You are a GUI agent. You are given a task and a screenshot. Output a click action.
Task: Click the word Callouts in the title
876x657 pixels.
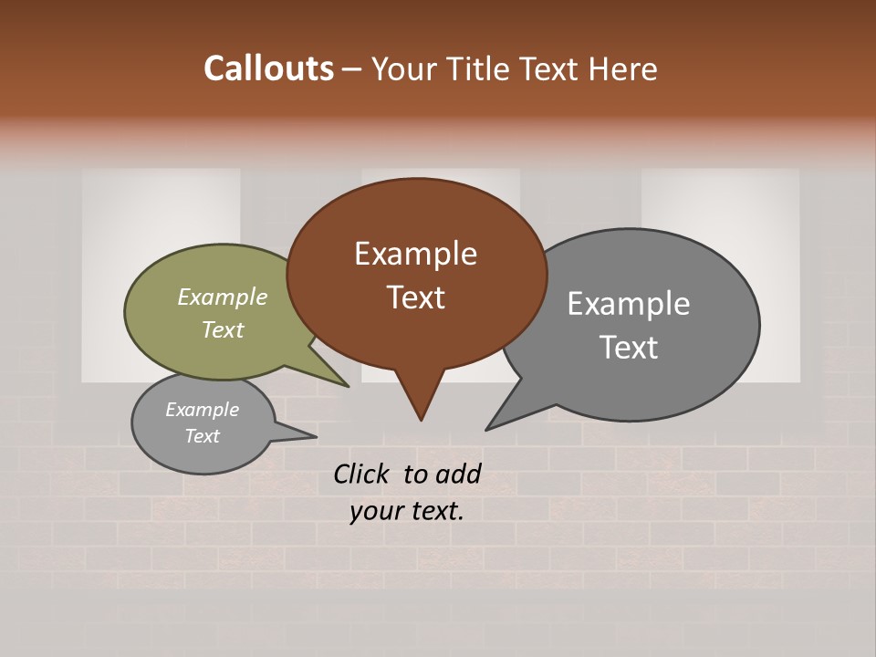tap(268, 68)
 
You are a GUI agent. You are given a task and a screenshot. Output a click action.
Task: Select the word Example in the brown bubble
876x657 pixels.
tap(415, 254)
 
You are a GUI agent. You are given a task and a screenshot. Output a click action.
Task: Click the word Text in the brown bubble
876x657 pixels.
tap(415, 297)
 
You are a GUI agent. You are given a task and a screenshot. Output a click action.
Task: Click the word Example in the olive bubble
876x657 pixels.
tap(222, 297)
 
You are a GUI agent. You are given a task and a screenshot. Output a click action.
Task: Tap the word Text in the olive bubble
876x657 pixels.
tap(222, 330)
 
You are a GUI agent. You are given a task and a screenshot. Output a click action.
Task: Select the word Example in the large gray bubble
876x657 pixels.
tap(628, 304)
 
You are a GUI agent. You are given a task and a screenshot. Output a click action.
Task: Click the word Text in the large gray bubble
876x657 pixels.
tap(628, 348)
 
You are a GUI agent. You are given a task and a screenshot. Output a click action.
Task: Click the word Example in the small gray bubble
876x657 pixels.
tap(202, 410)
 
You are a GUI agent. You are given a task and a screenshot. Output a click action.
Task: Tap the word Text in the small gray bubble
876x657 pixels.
tap(202, 436)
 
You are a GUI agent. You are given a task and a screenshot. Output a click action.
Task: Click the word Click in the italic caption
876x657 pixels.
tap(363, 474)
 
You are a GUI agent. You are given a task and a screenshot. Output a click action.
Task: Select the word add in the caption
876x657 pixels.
tap(459, 474)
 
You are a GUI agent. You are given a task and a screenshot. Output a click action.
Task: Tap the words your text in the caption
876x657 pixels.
tap(406, 512)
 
